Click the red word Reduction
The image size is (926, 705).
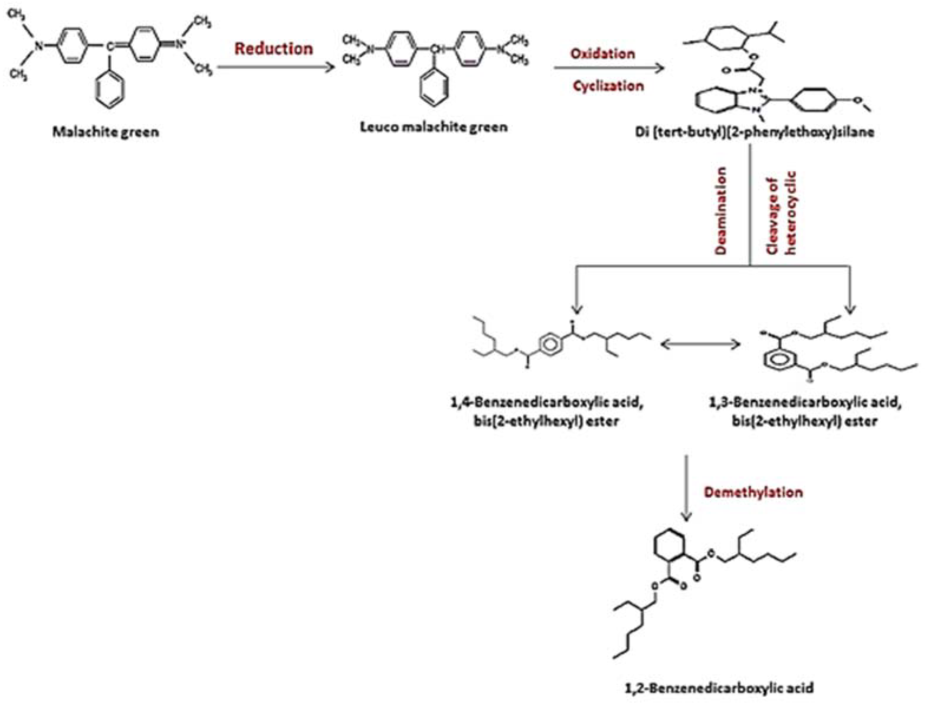tap(274, 48)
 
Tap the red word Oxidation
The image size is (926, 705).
tap(602, 53)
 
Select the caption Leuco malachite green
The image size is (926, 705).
tap(434, 127)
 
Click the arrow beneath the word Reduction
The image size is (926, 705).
tap(276, 67)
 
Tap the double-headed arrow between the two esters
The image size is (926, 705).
tap(700, 345)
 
